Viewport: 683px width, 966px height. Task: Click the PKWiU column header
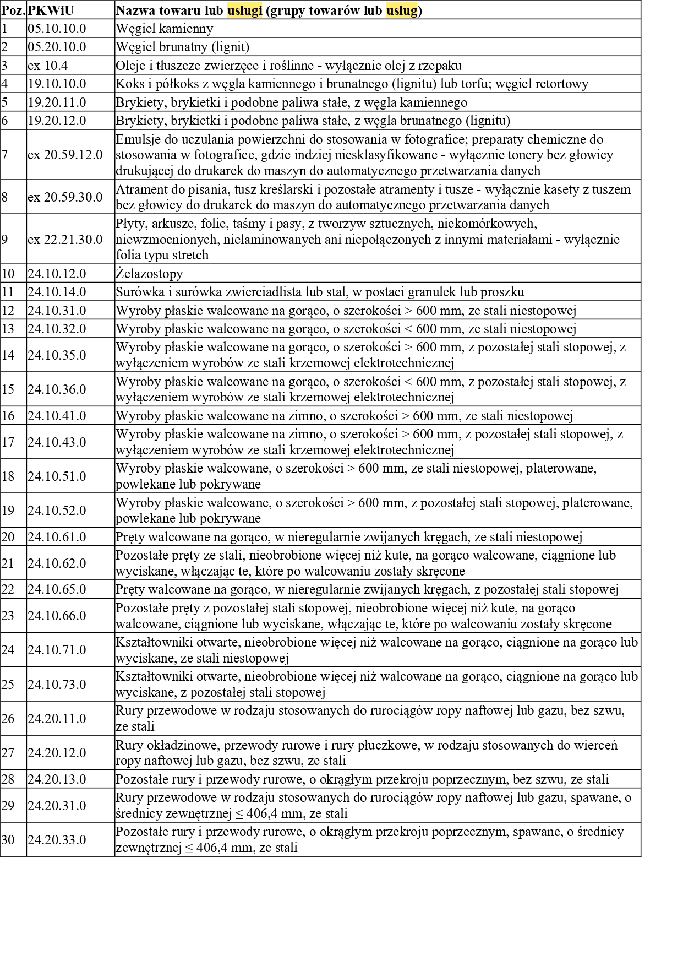[51, 10]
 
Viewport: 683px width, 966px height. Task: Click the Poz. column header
[13, 10]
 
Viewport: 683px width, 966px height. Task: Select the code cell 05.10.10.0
[57, 29]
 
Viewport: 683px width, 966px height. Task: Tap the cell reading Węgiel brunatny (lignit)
[182, 47]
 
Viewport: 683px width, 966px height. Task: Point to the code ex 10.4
[48, 66]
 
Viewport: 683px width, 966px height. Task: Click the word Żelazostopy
[149, 274]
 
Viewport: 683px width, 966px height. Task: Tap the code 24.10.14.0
[57, 292]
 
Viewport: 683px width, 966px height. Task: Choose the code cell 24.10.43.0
[57, 442]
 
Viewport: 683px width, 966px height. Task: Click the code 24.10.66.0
[57, 616]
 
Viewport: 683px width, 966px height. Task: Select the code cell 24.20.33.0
[57, 840]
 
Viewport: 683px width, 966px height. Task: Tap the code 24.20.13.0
[57, 779]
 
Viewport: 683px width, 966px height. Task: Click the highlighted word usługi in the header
[244, 10]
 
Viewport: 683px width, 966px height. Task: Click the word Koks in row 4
[128, 84]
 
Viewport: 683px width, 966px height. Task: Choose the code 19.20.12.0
[57, 121]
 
